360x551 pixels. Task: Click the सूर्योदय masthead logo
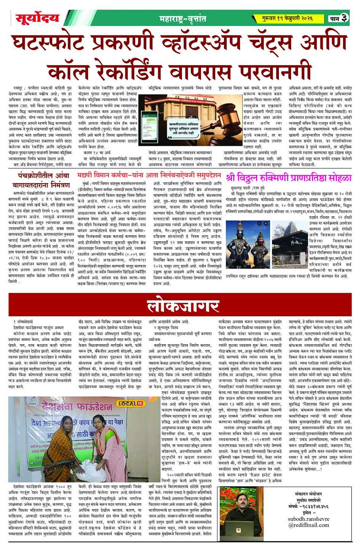(x=37, y=18)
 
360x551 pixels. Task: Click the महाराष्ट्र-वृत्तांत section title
(x=182, y=18)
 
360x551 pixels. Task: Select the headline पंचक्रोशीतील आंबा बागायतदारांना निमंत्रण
(x=44, y=180)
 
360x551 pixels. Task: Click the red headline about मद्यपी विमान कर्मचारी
(x=149, y=175)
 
